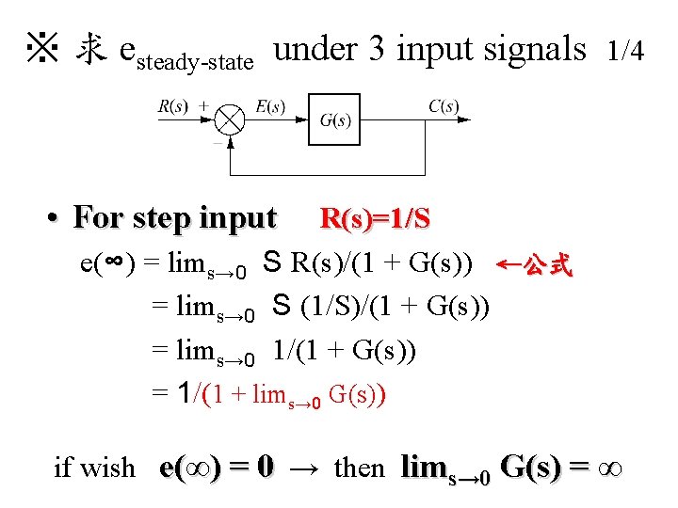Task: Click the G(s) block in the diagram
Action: click(x=334, y=119)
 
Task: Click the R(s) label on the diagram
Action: click(x=172, y=105)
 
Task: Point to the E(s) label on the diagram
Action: click(x=270, y=105)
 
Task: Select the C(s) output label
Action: click(x=444, y=105)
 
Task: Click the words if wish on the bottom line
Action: click(x=94, y=467)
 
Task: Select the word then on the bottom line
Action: click(x=359, y=467)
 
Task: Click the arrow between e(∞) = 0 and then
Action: click(x=303, y=468)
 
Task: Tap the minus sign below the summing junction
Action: click(x=218, y=144)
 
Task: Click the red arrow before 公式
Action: click(x=509, y=264)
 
